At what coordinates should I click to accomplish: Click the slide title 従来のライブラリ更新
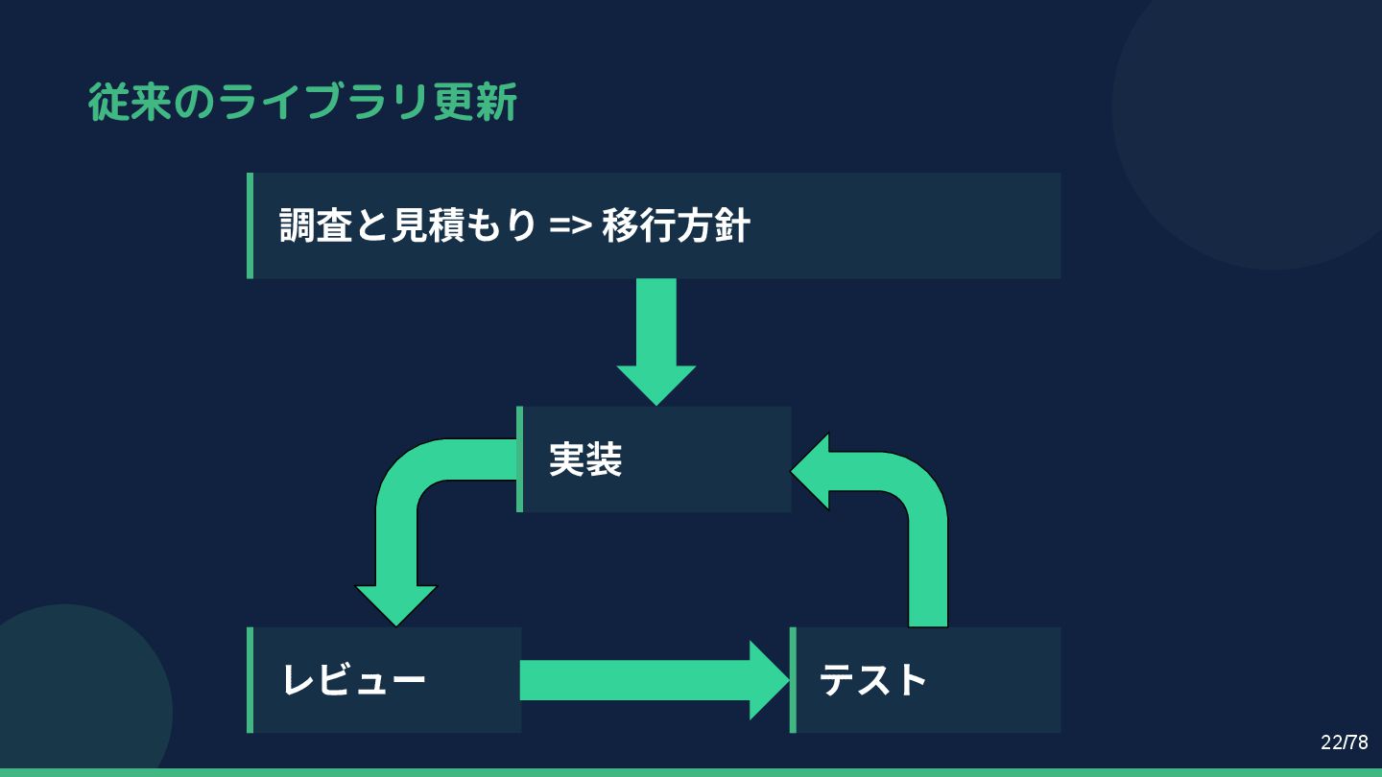tap(302, 103)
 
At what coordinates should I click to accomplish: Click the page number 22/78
tap(1344, 742)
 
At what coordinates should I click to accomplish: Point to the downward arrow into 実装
tap(656, 341)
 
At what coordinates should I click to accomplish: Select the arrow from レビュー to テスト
tap(653, 680)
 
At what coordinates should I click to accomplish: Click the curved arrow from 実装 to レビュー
tap(403, 518)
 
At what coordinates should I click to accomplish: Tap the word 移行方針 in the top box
tap(676, 226)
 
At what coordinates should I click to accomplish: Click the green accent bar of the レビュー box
tap(250, 680)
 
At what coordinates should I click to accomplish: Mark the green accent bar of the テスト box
tap(793, 680)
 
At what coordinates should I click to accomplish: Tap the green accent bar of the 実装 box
tap(520, 459)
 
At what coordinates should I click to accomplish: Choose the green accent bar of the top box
tap(250, 225)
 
